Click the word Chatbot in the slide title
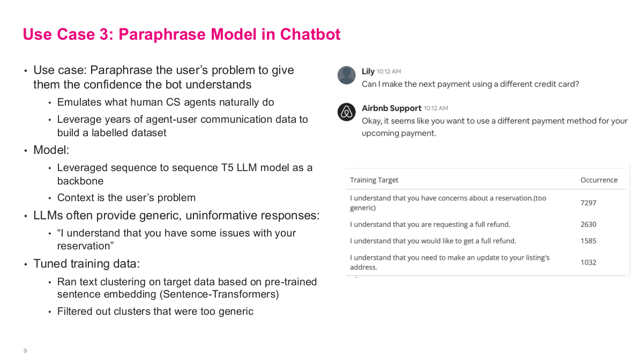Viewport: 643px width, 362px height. click(310, 34)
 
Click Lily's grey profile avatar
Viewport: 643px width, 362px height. click(347, 75)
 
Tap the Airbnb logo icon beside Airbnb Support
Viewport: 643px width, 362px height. click(347, 112)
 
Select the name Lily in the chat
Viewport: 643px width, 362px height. click(368, 71)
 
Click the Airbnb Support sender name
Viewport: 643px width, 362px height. click(391, 108)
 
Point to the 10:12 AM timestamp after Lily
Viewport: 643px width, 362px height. click(388, 71)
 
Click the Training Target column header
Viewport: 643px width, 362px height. click(374, 180)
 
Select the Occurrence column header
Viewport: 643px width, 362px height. click(599, 180)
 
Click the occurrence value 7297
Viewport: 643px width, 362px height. click(588, 203)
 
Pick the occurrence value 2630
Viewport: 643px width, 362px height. click(588, 225)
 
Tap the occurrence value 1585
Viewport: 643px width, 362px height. click(588, 241)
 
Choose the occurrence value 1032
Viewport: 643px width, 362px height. click(588, 262)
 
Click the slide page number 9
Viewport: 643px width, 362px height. click(25, 351)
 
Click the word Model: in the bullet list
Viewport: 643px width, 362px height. click(51, 150)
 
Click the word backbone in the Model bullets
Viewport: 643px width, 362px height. click(80, 181)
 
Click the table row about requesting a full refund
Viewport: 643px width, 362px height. click(430, 225)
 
